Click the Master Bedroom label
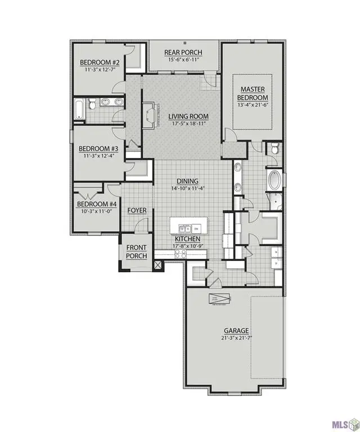coord(253,93)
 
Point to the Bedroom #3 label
coord(97,148)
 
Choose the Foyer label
coord(137,210)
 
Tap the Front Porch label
coord(136,251)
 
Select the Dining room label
coord(187,181)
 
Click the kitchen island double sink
coord(184,228)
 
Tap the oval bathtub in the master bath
coord(274,180)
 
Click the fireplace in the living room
coord(150,116)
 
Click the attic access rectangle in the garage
coord(220,299)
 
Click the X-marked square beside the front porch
coord(158,263)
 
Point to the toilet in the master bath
coord(274,148)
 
